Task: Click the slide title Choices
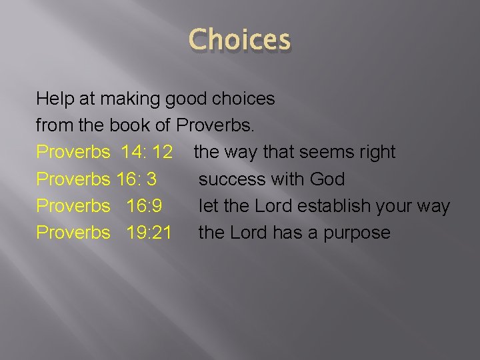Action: click(240, 40)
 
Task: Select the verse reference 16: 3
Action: click(137, 179)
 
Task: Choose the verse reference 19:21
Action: click(149, 232)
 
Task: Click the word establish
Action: click(330, 205)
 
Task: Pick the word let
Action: click(208, 205)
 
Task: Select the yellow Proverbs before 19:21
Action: click(73, 232)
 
